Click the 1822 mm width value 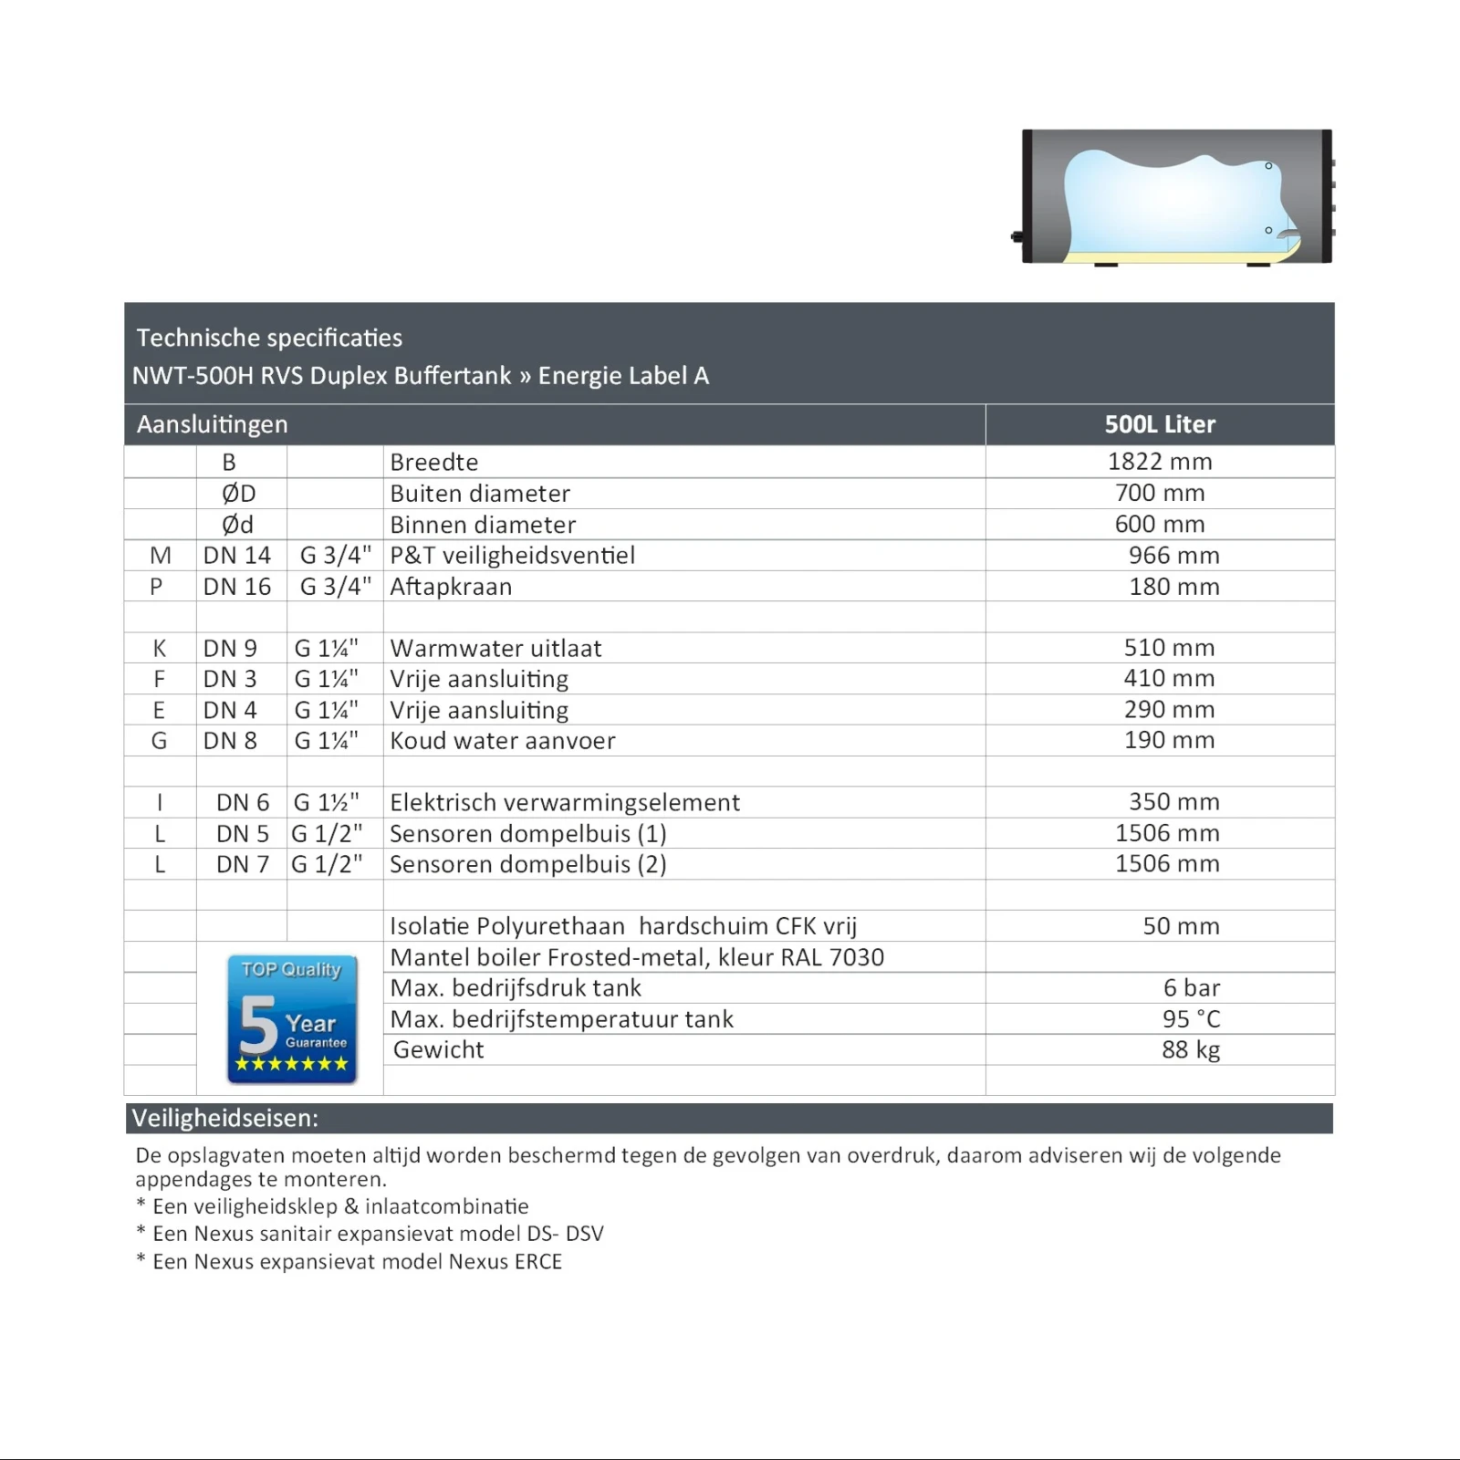pyautogui.click(x=1160, y=462)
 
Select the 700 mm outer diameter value pyautogui.click(x=1160, y=493)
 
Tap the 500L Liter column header pyautogui.click(x=1160, y=424)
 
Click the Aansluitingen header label pyautogui.click(x=212, y=424)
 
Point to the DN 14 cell pyautogui.click(x=237, y=556)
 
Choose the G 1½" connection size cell pyautogui.click(x=326, y=803)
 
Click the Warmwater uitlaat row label pyautogui.click(x=495, y=649)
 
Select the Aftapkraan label pyautogui.click(x=451, y=587)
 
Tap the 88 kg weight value pyautogui.click(x=1190, y=1050)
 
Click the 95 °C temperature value pyautogui.click(x=1190, y=1019)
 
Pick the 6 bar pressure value pyautogui.click(x=1191, y=988)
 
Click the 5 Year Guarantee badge pyautogui.click(x=292, y=1019)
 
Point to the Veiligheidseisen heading pyautogui.click(x=224, y=1119)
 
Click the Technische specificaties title pyautogui.click(x=269, y=338)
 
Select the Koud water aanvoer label pyautogui.click(x=503, y=741)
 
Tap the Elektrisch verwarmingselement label pyautogui.click(x=565, y=803)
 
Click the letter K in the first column pyautogui.click(x=160, y=649)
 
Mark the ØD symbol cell pyautogui.click(x=238, y=494)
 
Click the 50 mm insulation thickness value pyautogui.click(x=1181, y=926)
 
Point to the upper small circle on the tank pyautogui.click(x=1268, y=166)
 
